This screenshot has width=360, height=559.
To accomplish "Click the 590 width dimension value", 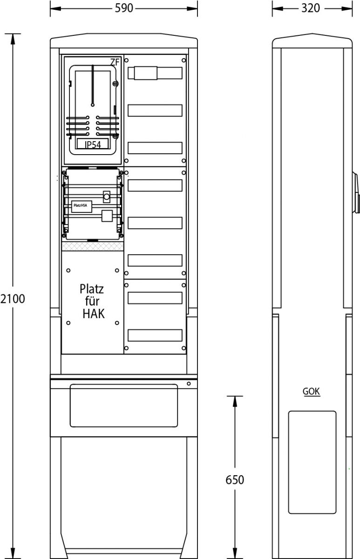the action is [124, 8].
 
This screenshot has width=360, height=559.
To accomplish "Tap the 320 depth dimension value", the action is [311, 8].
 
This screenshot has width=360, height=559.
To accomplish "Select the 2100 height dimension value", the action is [13, 299].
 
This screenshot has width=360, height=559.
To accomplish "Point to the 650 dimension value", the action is [235, 480].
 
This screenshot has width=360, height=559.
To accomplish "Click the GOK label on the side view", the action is [311, 391].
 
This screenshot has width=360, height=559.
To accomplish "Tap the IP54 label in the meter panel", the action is [93, 144].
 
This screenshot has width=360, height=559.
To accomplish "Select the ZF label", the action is [115, 62].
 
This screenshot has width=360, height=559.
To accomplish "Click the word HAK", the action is [94, 314].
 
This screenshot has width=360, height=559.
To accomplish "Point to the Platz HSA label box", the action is [82, 206].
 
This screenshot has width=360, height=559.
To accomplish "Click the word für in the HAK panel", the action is [92, 301].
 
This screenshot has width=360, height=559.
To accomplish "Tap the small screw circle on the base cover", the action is [189, 383].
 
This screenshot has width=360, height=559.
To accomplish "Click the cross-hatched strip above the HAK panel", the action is [93, 246].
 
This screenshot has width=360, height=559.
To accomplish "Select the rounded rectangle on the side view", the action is [312, 462].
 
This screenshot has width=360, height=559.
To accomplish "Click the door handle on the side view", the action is [356, 193].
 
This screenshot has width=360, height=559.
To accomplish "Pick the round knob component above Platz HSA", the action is [107, 197].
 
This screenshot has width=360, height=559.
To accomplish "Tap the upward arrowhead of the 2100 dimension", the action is [13, 39].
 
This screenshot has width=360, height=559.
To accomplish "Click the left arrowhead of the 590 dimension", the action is [55, 8].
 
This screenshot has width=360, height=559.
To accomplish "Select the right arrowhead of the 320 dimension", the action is [347, 8].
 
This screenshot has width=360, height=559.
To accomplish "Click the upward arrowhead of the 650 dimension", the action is [235, 402].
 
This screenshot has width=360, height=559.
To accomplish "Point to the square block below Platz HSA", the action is [107, 216].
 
